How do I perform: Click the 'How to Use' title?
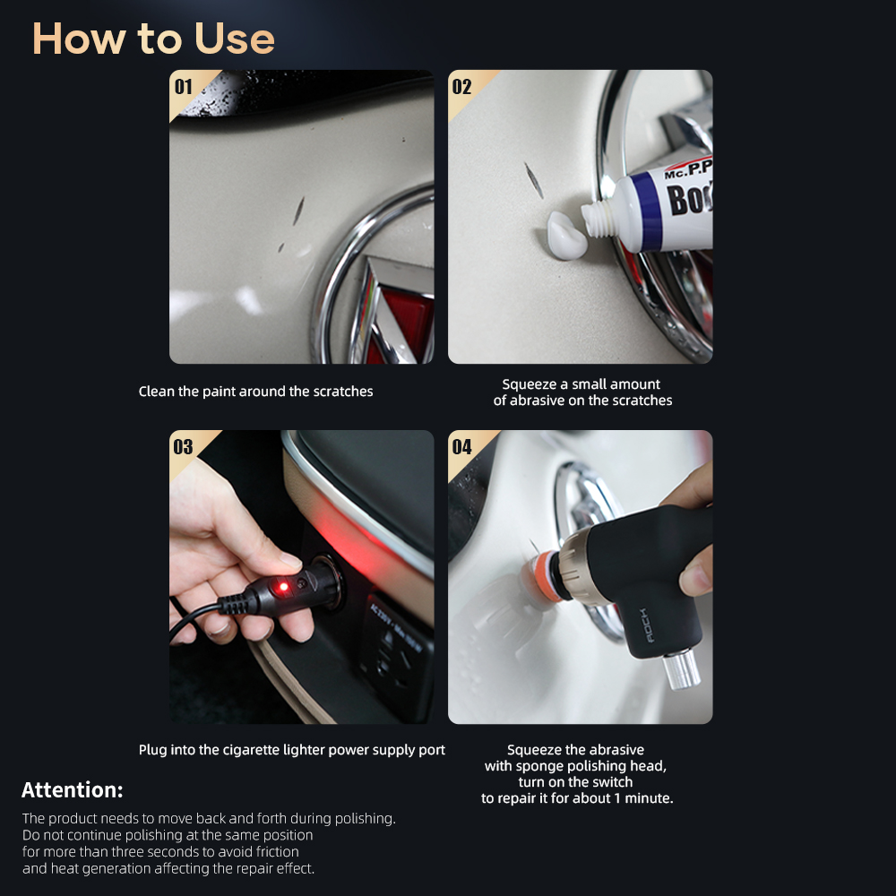tap(153, 39)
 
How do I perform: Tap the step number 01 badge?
tap(184, 87)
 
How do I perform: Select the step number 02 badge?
tap(461, 87)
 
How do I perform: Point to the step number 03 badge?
tap(184, 447)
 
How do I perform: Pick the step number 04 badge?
tap(461, 447)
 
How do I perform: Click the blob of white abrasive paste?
tap(566, 236)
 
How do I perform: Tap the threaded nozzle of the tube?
tap(597, 218)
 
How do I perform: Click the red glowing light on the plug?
tap(283, 587)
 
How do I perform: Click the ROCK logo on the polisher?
tap(644, 625)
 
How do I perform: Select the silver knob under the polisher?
tap(681, 669)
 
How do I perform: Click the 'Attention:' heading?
tap(72, 789)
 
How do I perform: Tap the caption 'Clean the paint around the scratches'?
tap(255, 392)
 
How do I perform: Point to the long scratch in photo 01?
tap(298, 211)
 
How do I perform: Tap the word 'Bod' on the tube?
tap(690, 199)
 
